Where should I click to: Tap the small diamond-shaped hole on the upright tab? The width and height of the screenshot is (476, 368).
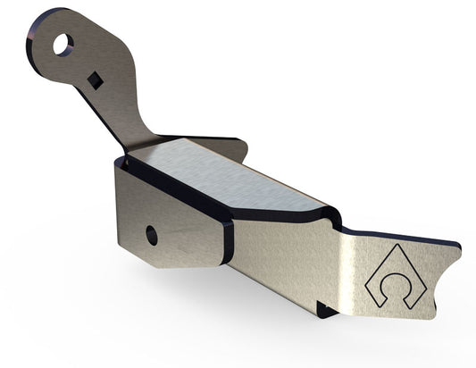click(95, 81)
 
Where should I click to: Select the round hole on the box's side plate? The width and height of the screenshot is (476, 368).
click(152, 235)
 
